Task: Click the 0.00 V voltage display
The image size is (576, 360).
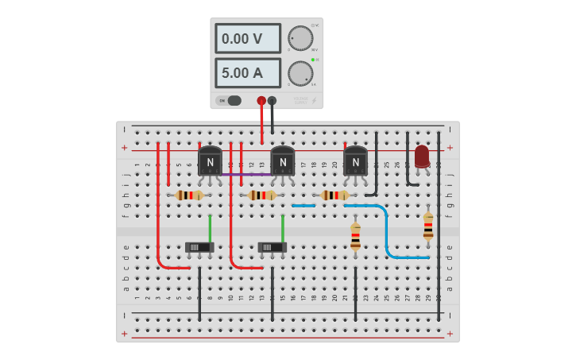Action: pos(247,38)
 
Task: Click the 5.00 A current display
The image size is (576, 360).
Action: pos(247,72)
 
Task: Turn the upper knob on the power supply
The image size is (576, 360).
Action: pos(300,38)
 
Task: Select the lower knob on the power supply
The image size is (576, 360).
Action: pos(300,73)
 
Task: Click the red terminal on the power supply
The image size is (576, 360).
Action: pos(261,101)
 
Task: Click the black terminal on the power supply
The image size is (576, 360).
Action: pos(273,101)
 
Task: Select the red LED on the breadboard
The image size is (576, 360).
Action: pos(422,157)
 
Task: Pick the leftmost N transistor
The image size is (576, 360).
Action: pos(210,161)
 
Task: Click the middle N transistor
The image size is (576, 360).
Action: pos(283,161)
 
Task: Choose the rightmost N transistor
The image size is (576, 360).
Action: pos(355,161)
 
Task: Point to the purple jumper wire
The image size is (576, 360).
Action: pos(246,174)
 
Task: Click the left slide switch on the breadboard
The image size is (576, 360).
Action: pos(199,247)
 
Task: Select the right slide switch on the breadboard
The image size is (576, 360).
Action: pos(273,247)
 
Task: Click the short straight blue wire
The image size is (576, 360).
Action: pos(303,206)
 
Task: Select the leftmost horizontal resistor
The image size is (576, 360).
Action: pos(189,195)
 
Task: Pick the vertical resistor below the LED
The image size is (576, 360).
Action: pos(428,226)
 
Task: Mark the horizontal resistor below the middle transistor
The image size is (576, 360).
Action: pos(262,195)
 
